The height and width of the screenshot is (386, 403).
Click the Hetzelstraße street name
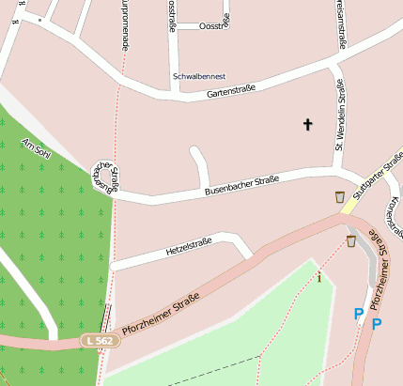(189, 247)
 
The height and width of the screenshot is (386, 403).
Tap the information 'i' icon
(319, 276)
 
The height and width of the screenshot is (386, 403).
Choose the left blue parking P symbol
(358, 315)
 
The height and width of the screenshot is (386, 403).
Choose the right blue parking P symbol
(377, 325)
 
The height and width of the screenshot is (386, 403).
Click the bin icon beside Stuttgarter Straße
(339, 197)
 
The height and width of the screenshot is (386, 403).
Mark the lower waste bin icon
(350, 241)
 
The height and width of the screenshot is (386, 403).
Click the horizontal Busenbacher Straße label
(241, 186)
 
